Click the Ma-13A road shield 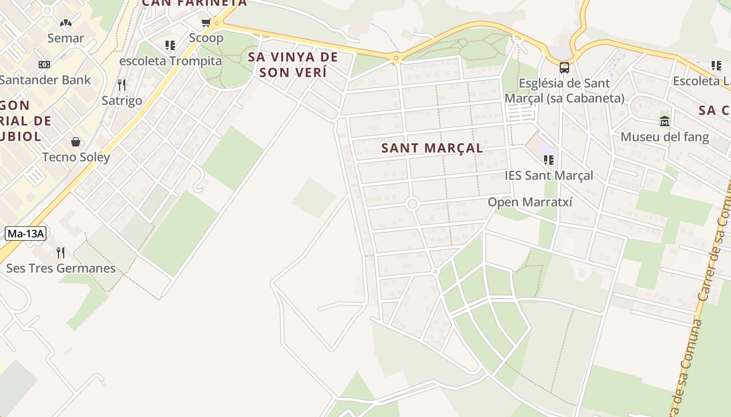point(26,234)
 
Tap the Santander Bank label point(45,80)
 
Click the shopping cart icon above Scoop point(206,22)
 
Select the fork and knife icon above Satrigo point(122,84)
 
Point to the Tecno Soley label point(76,157)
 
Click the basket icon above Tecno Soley point(76,142)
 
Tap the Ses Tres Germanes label point(61,268)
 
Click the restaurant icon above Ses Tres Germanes point(61,253)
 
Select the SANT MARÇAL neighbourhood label point(432,148)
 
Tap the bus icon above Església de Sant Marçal point(564,67)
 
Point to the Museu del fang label point(665,137)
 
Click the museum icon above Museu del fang point(665,121)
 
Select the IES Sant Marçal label point(549,176)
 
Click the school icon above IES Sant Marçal point(548,160)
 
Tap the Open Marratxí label point(530,202)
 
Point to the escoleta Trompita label point(171,61)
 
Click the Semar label point(66,38)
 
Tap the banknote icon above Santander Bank point(44,64)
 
